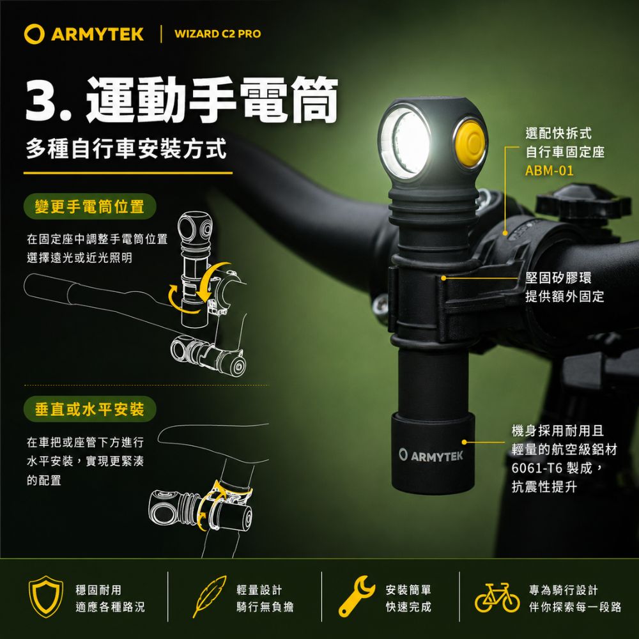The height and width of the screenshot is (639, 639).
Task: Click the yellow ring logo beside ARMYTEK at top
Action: coord(35,34)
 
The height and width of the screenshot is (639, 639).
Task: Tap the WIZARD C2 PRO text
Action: coord(218,34)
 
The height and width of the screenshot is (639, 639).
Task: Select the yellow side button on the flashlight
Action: coord(470,143)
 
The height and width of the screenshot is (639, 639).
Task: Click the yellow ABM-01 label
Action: coord(549,171)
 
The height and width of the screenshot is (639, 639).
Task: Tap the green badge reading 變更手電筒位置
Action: coord(89,206)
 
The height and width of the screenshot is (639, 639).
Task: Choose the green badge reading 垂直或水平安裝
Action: coord(89,409)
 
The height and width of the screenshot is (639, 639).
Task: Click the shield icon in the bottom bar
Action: coord(45,597)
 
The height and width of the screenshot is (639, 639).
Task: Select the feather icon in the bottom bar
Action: coord(209,596)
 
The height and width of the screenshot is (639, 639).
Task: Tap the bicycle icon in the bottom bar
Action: coord(497,597)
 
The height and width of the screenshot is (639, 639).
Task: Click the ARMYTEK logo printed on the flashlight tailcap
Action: coord(431,456)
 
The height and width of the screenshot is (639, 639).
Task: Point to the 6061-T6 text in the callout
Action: coord(537,468)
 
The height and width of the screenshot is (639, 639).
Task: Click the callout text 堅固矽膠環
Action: coord(558,278)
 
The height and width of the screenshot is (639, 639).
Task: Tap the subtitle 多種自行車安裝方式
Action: coord(127,149)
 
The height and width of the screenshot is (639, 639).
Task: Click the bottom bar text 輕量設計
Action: coord(259,590)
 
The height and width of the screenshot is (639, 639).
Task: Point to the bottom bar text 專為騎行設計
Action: coord(563,590)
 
